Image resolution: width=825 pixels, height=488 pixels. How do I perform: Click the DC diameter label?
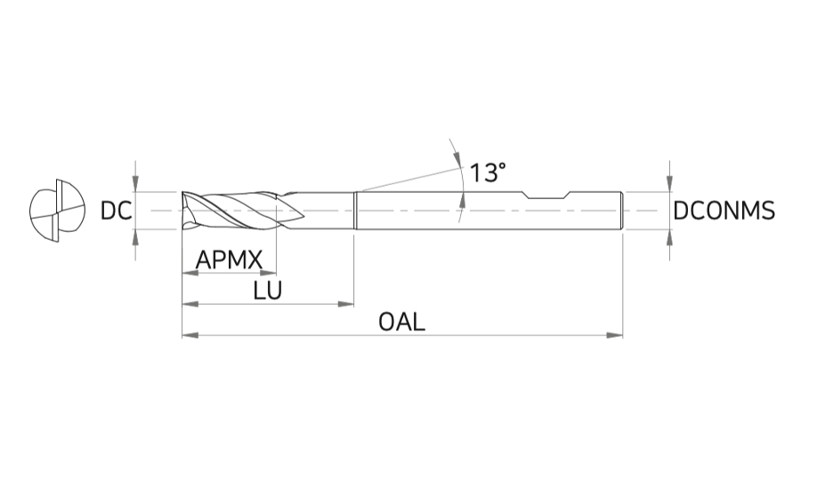coord(116,211)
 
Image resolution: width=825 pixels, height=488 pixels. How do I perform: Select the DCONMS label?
coord(724,211)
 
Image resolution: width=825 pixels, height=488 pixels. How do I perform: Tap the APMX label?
coord(229,260)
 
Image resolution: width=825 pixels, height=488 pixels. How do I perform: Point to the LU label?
coord(267,290)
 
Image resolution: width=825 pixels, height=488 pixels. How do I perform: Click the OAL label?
coord(401,322)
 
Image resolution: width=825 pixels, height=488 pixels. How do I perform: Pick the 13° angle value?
coord(487,172)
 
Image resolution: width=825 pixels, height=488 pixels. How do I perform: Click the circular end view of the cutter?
coord(57,211)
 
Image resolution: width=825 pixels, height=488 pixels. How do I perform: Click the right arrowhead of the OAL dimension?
coord(615,335)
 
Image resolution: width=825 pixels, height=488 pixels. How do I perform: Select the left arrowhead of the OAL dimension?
coord(190,335)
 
